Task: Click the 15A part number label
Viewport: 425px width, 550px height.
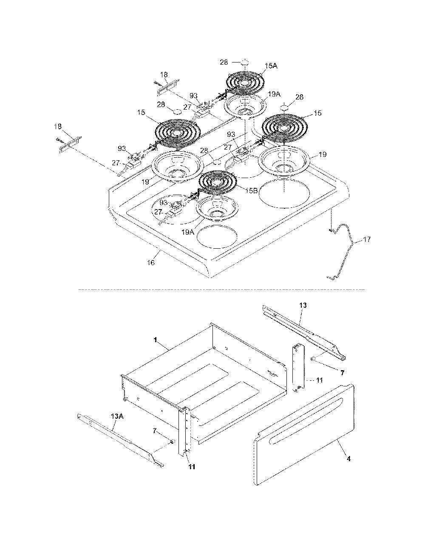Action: point(271,66)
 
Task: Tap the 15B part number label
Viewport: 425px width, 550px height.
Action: point(251,190)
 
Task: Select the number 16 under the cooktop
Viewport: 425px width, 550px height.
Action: point(151,263)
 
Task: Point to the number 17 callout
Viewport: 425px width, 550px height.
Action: point(367,239)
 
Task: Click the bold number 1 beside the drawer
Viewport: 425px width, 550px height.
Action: point(155,340)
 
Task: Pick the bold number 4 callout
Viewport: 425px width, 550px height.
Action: point(348,458)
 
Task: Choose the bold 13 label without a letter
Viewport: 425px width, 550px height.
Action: point(303,305)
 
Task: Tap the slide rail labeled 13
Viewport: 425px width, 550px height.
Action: point(304,332)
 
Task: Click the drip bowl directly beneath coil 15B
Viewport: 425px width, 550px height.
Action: point(217,207)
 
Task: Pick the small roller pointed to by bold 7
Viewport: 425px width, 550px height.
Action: point(313,358)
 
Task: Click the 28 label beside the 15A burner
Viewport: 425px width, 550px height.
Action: point(224,62)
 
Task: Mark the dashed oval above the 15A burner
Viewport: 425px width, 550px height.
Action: point(244,62)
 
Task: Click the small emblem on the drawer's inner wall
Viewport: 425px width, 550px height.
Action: point(273,373)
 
